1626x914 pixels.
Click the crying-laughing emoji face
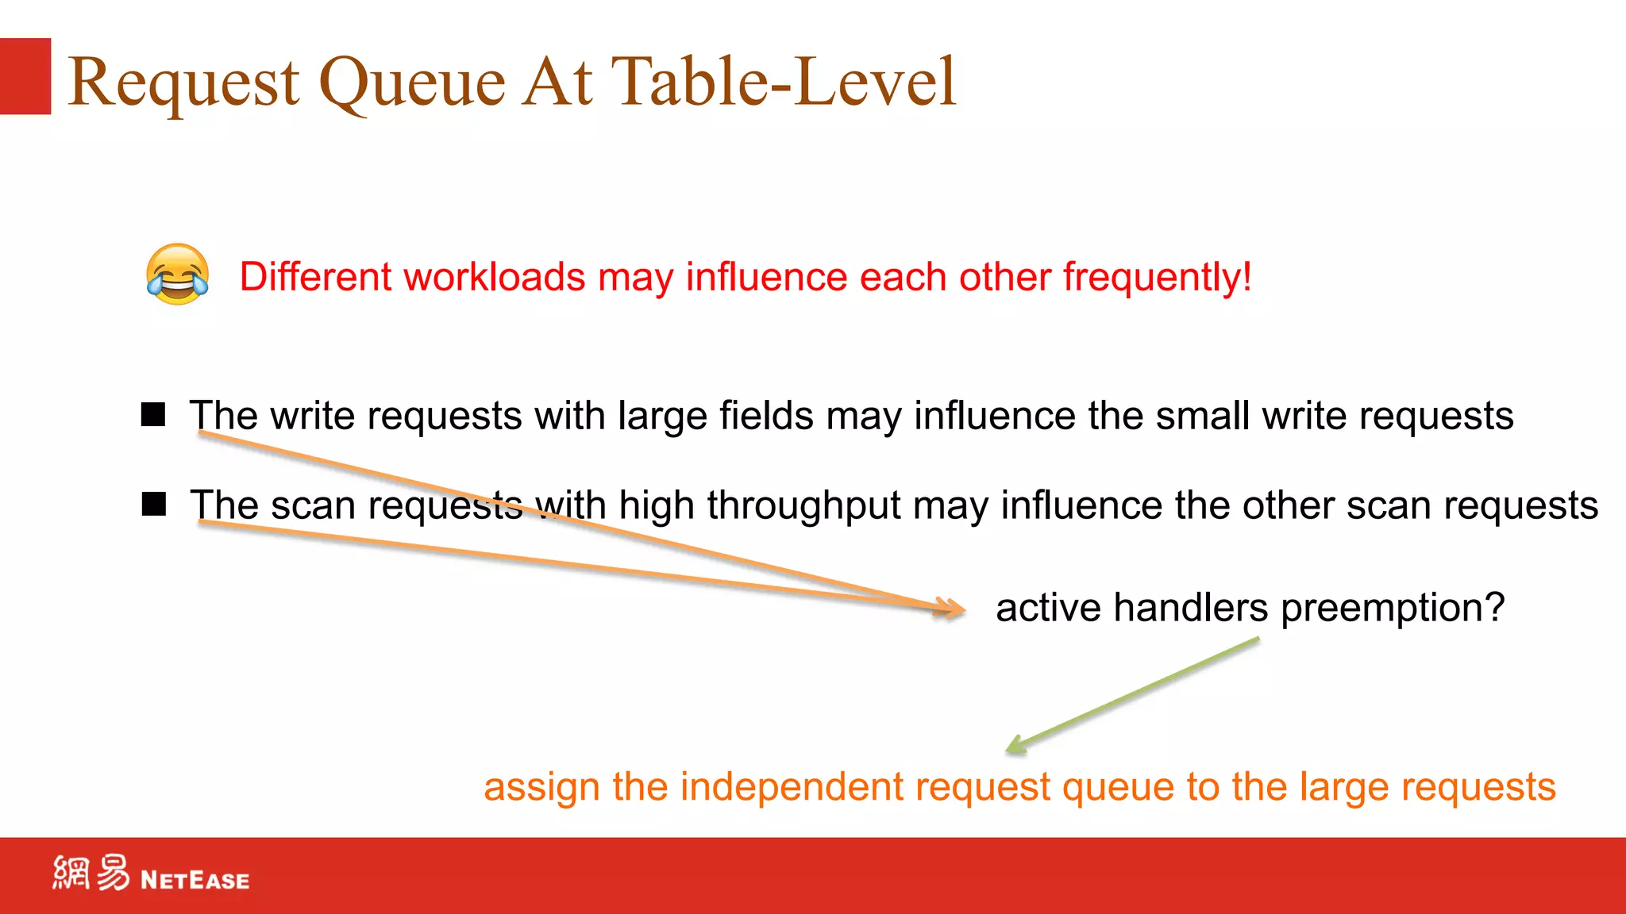click(x=178, y=275)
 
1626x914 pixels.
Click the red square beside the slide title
click(x=25, y=76)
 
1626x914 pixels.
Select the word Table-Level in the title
click(x=783, y=81)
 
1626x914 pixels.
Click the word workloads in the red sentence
click(x=495, y=278)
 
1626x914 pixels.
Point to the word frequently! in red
click(x=1157, y=278)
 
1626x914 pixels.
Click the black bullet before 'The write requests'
click(x=153, y=414)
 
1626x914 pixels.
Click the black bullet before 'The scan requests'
click(x=153, y=504)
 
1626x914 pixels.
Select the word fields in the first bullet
click(x=766, y=416)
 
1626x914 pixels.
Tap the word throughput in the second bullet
click(x=803, y=506)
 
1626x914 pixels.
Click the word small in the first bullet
click(x=1202, y=416)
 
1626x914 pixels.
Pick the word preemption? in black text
click(x=1393, y=609)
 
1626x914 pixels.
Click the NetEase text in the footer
click(x=195, y=880)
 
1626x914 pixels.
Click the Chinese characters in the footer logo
click(x=91, y=874)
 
